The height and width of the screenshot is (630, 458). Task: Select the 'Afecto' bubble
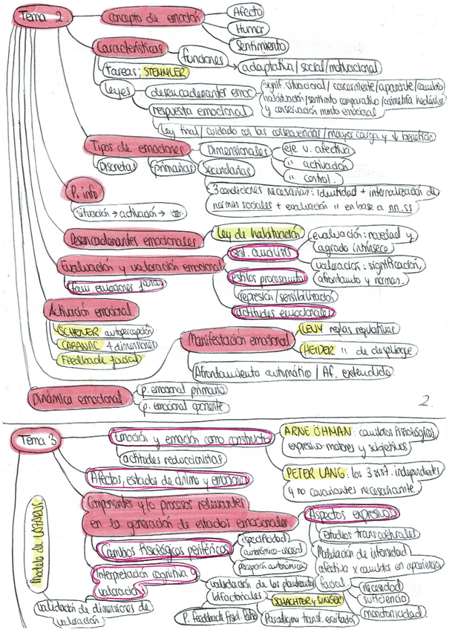(247, 13)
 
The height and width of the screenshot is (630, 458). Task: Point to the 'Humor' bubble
(249, 28)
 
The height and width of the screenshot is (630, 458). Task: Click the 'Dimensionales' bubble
(235, 150)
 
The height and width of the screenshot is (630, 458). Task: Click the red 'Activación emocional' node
(89, 309)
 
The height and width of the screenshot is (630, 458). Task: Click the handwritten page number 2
(426, 402)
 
